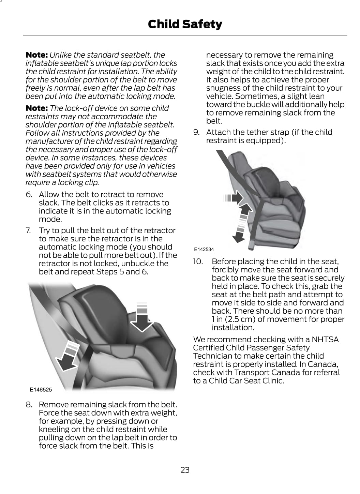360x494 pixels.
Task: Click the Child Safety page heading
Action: [x=185, y=24]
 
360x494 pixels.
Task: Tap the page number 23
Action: [x=185, y=470]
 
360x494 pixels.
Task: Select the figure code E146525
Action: [x=41, y=389]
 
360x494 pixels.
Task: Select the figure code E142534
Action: [x=204, y=249]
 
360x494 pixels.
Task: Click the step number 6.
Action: [x=29, y=194]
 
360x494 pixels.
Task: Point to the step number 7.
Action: [x=29, y=230]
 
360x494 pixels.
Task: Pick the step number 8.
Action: [x=29, y=405]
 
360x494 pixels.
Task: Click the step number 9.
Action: [x=196, y=132]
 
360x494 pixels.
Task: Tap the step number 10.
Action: [x=198, y=261]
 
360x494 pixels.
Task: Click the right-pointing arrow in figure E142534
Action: [x=233, y=198]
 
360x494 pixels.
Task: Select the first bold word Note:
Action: [x=36, y=55]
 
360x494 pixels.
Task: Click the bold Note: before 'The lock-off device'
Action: [x=36, y=108]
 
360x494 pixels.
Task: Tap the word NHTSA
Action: [x=325, y=340]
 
